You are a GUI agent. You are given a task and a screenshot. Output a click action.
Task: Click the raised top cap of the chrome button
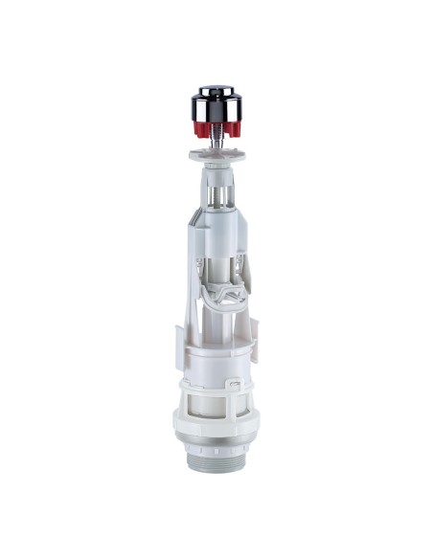pyautogui.click(x=217, y=88)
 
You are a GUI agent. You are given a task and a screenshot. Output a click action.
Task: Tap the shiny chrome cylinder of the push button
pyautogui.click(x=217, y=101)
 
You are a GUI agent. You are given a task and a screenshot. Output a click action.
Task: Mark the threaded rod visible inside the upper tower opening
pyautogui.click(x=219, y=196)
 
